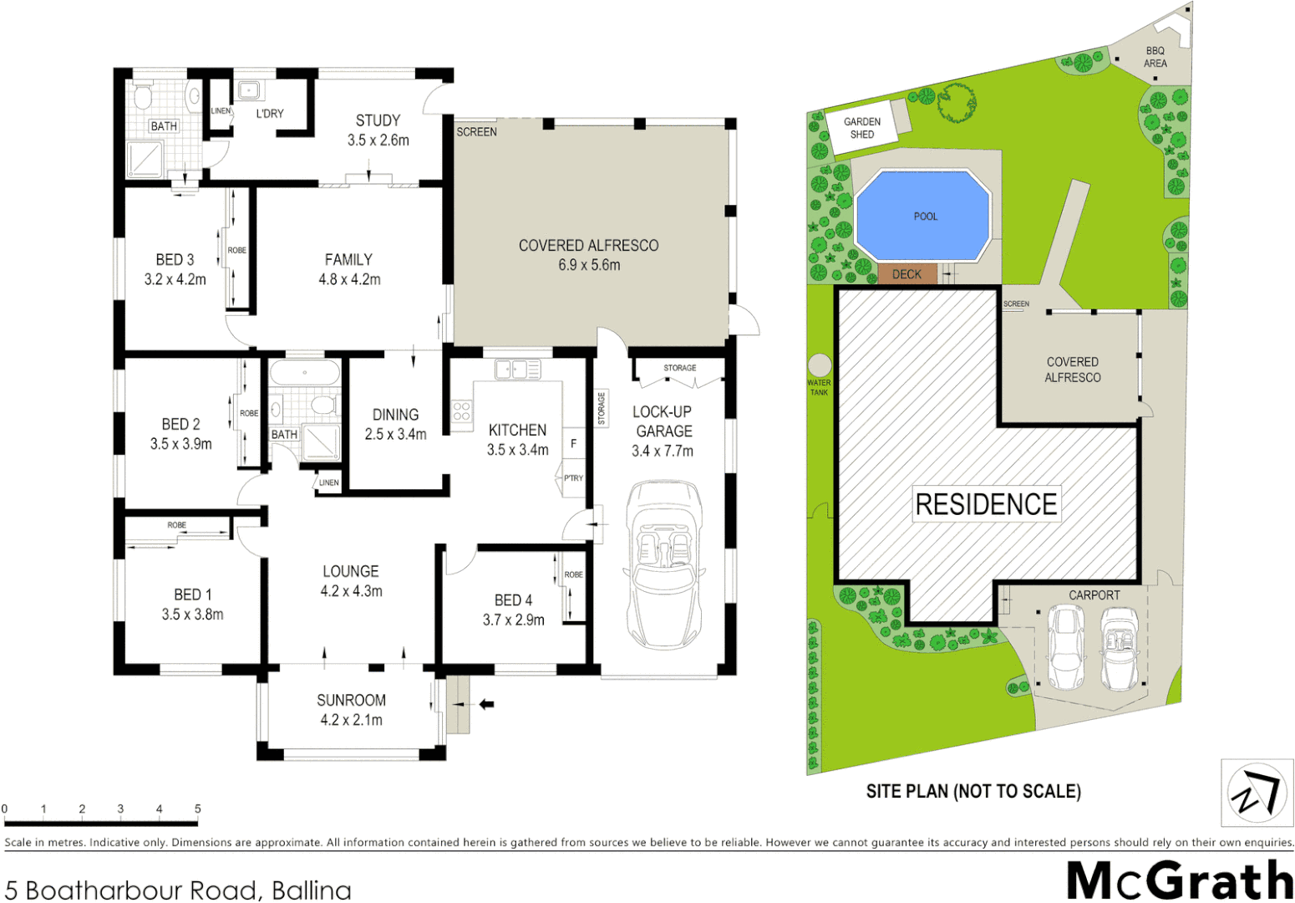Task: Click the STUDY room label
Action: coord(378,120)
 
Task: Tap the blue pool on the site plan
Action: coord(923,216)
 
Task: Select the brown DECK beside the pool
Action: coord(906,274)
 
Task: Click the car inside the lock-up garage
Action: coord(664,564)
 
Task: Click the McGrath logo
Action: coord(1179,880)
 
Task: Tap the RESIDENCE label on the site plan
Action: coord(986,504)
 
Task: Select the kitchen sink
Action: coord(517,369)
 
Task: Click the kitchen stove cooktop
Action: coord(462,411)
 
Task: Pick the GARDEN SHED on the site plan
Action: coord(862,128)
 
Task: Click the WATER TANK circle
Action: coord(820,365)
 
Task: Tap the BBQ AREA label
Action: coord(1155,57)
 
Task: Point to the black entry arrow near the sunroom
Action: coord(485,705)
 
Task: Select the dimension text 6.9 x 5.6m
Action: coord(589,265)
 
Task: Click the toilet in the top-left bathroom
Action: coord(143,98)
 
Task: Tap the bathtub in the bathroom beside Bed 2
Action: coord(304,373)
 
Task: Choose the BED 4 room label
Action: coord(513,600)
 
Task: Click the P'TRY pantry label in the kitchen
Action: coord(573,478)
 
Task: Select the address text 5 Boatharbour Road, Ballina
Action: coord(178,890)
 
